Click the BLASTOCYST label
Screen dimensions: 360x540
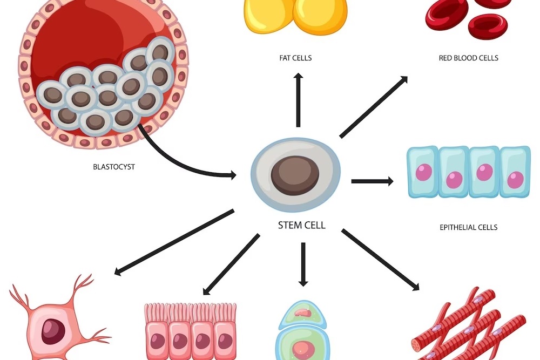114,167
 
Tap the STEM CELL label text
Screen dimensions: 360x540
301,225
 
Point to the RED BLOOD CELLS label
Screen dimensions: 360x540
468,58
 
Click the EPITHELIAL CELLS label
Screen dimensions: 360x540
468,227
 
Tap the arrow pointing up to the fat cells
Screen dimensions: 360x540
298,100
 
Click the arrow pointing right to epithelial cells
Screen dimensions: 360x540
372,181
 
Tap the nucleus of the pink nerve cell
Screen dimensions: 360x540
52,331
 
